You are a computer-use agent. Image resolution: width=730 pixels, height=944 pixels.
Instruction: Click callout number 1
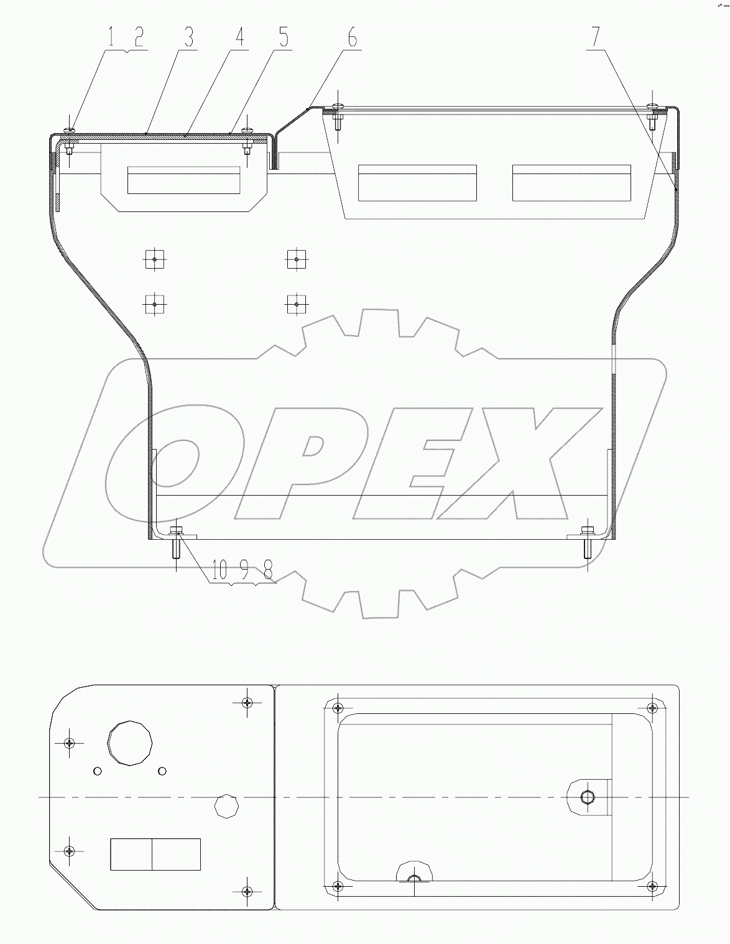[111, 37]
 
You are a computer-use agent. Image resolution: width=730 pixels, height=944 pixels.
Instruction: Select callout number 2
[137, 37]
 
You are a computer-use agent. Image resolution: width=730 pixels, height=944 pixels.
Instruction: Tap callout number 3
[187, 37]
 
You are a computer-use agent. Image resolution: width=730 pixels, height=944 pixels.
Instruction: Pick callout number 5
[284, 37]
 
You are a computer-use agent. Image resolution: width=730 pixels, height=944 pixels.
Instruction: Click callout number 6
[352, 37]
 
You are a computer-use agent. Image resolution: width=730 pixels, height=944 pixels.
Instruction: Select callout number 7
[596, 37]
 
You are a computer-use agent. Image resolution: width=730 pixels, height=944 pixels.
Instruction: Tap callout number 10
[219, 571]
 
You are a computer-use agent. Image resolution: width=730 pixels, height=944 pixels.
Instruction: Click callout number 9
[244, 571]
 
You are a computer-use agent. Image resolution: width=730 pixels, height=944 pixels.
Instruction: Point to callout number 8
[267, 571]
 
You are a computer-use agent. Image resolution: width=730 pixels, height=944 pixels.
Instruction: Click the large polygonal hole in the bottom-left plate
[130, 743]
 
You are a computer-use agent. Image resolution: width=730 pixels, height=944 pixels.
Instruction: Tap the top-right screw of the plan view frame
[651, 707]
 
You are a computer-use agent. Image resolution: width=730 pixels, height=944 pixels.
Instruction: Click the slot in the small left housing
[183, 180]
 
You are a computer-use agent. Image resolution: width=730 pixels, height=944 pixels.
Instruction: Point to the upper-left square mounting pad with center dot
[154, 259]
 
